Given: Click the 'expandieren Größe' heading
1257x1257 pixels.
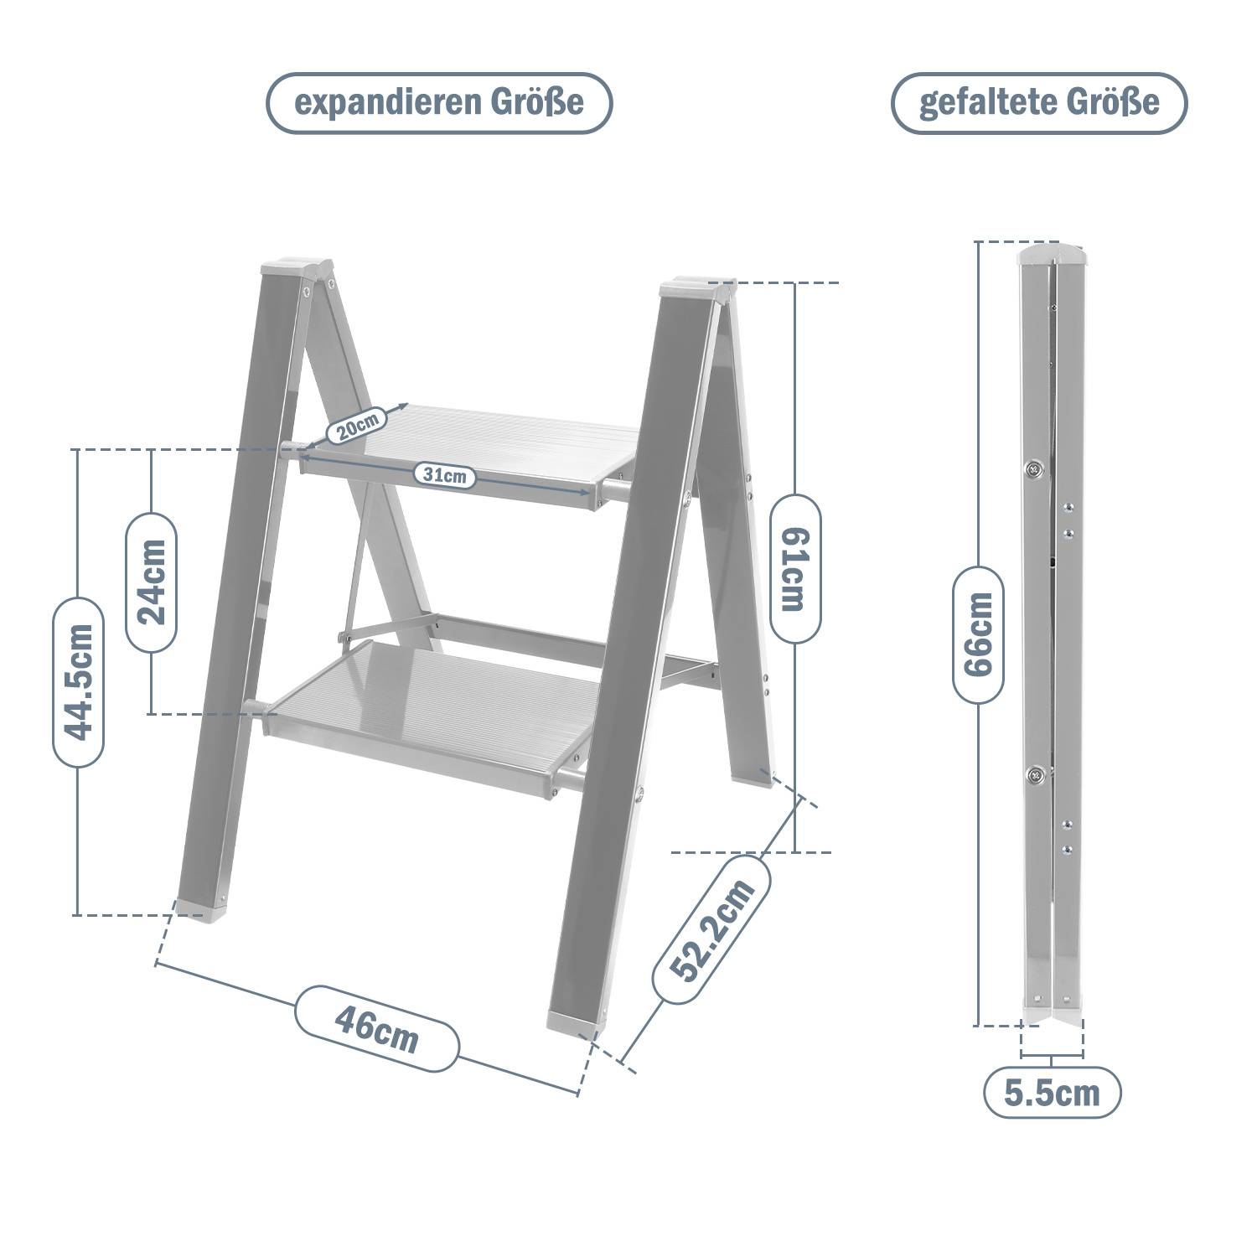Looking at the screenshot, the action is tap(439, 103).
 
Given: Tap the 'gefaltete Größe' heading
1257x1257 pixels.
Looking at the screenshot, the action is tap(1039, 103).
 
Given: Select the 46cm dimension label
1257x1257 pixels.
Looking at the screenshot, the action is tap(376, 1028).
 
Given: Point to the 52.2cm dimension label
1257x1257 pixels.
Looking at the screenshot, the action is tap(711, 929).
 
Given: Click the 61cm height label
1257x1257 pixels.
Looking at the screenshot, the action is tap(795, 569).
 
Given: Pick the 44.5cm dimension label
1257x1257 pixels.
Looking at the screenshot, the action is tap(79, 681).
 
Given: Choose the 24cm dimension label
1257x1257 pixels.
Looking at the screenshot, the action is tap(152, 582).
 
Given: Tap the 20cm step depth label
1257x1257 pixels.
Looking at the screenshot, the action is tap(356, 426).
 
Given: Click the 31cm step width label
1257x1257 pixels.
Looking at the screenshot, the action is tap(444, 475).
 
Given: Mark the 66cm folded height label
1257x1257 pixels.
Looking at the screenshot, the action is tap(978, 634).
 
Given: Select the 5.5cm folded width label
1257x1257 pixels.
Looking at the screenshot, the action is tap(1052, 1093).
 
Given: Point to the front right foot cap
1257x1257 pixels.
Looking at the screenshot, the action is tap(577, 1020).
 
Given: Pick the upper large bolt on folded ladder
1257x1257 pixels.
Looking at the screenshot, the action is tap(1035, 469).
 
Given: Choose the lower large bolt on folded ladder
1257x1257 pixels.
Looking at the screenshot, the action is tap(1037, 775).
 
